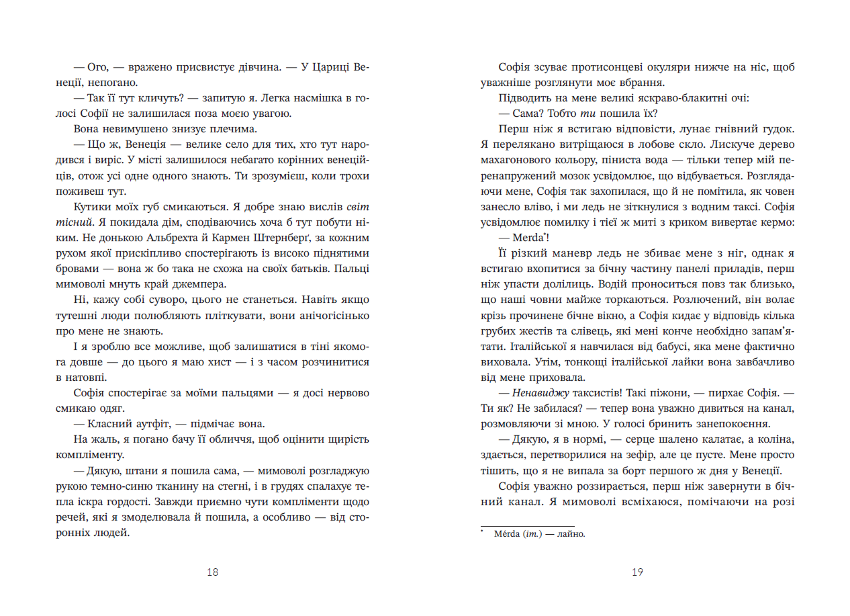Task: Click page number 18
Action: [x=213, y=572]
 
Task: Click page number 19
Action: [x=637, y=572]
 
